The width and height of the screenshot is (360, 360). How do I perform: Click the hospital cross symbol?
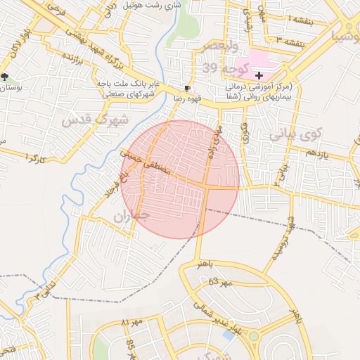point(259,75)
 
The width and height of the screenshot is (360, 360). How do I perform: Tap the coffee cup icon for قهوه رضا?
point(186,89)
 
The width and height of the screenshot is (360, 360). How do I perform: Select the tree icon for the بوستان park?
point(6,77)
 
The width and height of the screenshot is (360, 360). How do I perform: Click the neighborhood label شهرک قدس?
point(95,119)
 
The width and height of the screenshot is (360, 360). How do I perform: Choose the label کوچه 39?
point(226,67)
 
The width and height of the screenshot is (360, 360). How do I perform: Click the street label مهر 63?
point(219,283)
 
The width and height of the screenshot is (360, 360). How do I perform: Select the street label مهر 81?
point(131,322)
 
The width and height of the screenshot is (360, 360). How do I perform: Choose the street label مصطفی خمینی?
point(146,161)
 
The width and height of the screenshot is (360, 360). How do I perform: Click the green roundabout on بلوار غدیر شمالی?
point(253,336)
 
